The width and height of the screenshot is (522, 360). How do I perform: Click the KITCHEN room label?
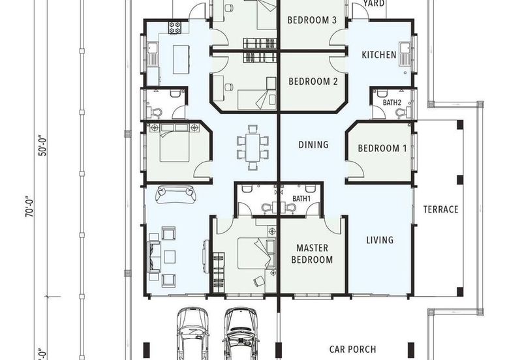(379, 55)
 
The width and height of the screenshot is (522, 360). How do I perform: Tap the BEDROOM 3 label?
(312, 20)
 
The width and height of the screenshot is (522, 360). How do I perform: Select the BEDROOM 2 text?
(313, 81)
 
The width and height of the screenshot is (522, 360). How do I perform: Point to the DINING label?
(313, 144)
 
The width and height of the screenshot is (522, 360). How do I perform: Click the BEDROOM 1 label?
(382, 148)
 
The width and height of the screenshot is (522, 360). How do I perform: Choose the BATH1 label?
(301, 199)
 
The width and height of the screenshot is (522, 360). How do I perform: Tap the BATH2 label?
(392, 102)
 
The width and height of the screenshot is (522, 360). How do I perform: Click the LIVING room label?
(380, 240)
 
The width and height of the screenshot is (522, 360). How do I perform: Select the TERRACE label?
(441, 209)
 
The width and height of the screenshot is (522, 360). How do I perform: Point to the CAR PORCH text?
(352, 350)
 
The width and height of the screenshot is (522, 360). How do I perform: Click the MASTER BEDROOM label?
(312, 254)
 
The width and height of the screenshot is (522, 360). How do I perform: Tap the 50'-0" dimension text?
(43, 145)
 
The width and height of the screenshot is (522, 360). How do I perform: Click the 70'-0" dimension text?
(29, 207)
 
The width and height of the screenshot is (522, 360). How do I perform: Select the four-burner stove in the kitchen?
(174, 27)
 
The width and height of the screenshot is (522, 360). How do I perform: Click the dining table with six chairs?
(253, 148)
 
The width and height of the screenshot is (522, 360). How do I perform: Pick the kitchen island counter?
(181, 59)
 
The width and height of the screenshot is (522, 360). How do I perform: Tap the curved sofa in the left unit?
(176, 194)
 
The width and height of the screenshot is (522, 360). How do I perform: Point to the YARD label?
(374, 4)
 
